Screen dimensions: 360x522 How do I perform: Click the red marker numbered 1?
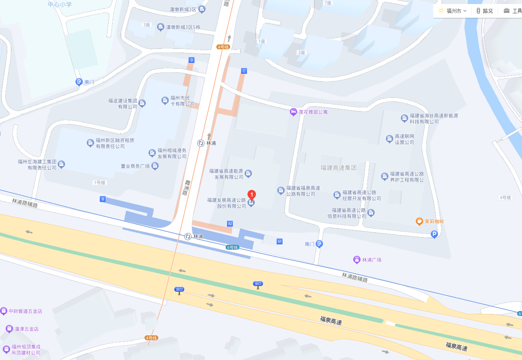pyautogui.click(x=252, y=194)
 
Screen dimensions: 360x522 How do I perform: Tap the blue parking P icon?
pyautogui.click(x=434, y=234)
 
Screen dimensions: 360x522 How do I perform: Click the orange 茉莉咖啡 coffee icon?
pyautogui.click(x=419, y=221)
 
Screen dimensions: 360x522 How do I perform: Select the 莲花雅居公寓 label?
pyautogui.click(x=313, y=112)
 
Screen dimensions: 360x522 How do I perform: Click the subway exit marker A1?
pyautogui.click(x=279, y=241)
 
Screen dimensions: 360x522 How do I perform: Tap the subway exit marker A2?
pyautogui.click(x=230, y=223)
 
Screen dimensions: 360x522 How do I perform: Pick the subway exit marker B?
pyautogui.click(x=103, y=199)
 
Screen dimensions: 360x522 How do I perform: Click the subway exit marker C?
pyautogui.click(x=243, y=71)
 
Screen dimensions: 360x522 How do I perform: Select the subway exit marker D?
pyautogui.click(x=191, y=60)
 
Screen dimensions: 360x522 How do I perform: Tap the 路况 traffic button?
pyautogui.click(x=484, y=11)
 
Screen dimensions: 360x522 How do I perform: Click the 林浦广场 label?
pyautogui.click(x=371, y=259)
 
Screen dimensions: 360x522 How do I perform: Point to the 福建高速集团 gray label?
pyautogui.click(x=339, y=168)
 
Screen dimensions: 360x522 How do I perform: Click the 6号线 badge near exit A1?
pyautogui.click(x=233, y=247)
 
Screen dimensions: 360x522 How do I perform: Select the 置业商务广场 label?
pyautogui.click(x=135, y=166)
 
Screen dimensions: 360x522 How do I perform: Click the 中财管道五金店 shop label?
pyautogui.click(x=25, y=311)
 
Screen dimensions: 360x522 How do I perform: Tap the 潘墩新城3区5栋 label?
pyautogui.click(x=185, y=27)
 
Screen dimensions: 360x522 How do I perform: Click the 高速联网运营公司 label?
pyautogui.click(x=404, y=139)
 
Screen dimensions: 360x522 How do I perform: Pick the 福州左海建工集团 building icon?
pyautogui.click(x=61, y=164)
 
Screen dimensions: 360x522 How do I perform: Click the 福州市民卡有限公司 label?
pyautogui.click(x=182, y=101)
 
